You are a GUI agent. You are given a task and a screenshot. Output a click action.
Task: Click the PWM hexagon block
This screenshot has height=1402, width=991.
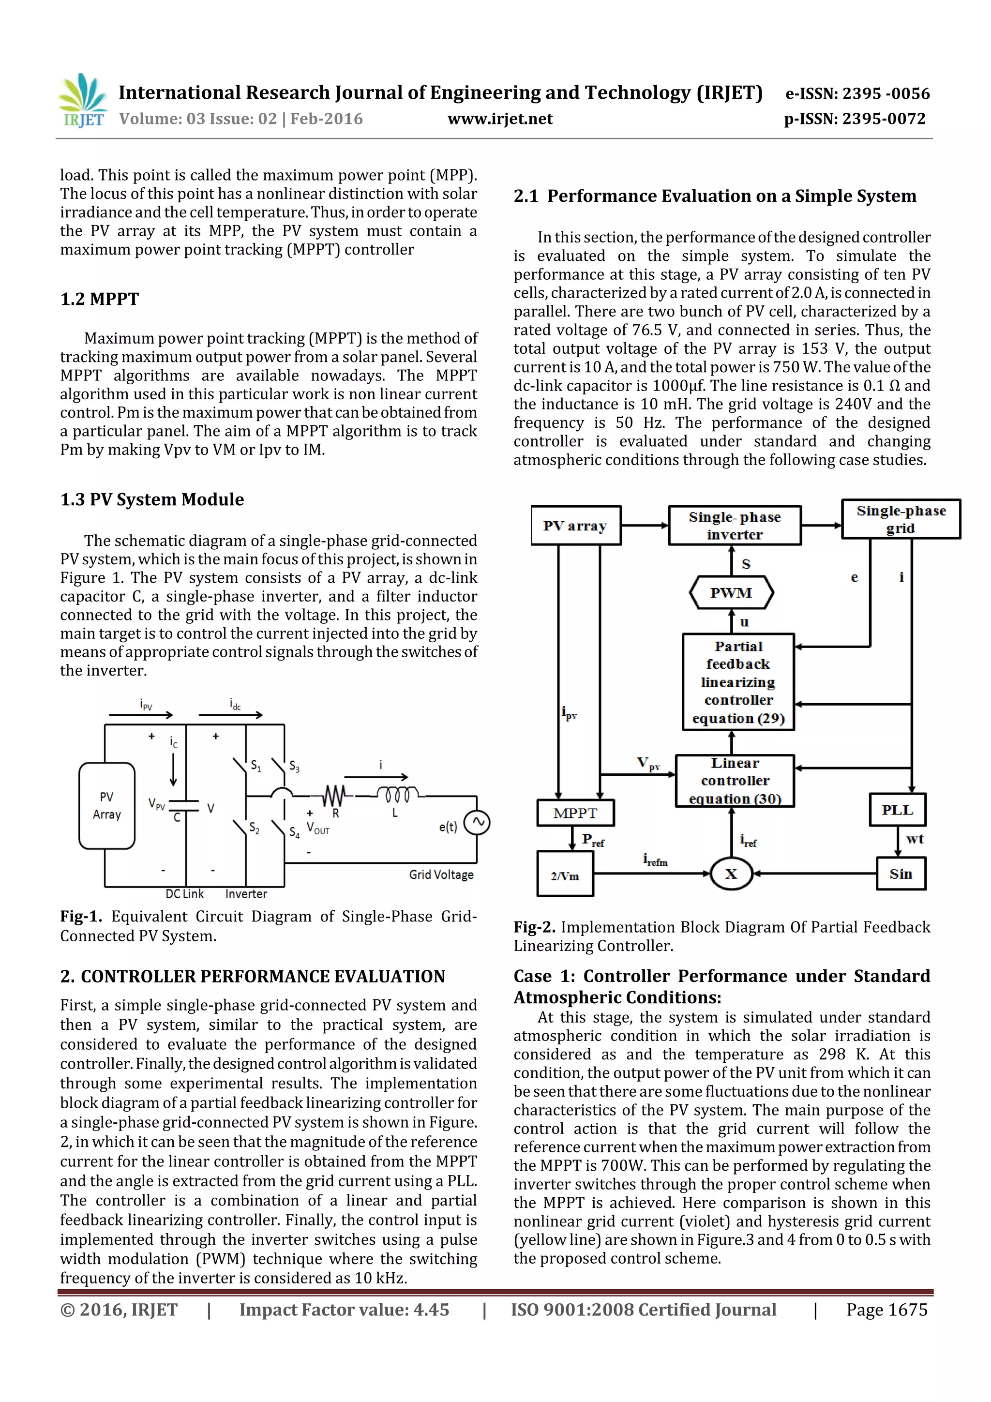(x=731, y=592)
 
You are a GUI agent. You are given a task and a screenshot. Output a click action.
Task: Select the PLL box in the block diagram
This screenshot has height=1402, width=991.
(x=897, y=810)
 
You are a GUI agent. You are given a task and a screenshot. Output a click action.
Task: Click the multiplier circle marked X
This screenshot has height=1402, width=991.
(x=731, y=874)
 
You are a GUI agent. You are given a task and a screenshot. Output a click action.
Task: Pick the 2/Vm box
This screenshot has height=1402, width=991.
(x=565, y=875)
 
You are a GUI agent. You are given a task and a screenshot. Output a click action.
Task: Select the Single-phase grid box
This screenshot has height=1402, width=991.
(x=901, y=519)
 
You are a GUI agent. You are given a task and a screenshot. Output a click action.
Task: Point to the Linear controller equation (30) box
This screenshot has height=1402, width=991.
(x=735, y=781)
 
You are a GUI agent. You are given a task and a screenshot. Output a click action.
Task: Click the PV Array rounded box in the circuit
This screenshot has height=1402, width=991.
(x=107, y=805)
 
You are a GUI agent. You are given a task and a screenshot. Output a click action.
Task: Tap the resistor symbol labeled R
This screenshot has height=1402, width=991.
(x=333, y=796)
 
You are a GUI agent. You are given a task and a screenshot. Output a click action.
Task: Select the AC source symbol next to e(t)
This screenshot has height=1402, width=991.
(x=477, y=823)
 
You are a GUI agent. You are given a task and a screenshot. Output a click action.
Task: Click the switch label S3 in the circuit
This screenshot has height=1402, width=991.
(x=294, y=767)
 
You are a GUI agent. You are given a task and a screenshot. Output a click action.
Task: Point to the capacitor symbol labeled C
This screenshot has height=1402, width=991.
(x=183, y=805)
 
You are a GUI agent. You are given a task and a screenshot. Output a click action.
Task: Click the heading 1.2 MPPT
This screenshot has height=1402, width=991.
(x=100, y=299)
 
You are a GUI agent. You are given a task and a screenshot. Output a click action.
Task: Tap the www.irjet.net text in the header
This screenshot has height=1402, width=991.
(x=500, y=119)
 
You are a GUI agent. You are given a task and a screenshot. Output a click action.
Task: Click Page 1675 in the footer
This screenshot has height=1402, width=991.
(x=886, y=1309)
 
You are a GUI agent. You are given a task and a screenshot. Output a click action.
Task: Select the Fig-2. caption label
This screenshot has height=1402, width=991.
(x=534, y=927)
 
